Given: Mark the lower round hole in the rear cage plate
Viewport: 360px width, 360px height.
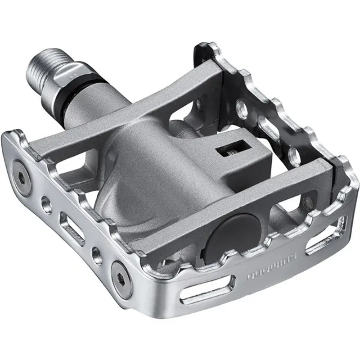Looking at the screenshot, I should pyautogui.click(x=295, y=155).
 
